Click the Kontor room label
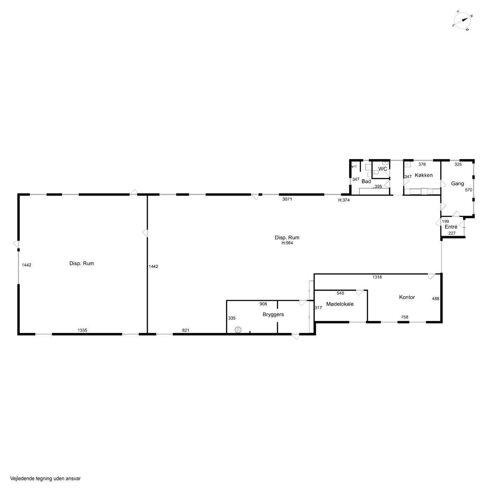point(407,297)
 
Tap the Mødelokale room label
point(340,304)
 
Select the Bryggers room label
point(273,314)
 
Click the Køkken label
point(424,175)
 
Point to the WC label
point(382,169)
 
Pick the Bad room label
point(366,181)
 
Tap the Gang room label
point(457,183)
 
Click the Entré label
point(451,227)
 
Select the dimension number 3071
point(287,199)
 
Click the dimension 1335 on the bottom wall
point(82,330)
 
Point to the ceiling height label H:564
point(287,243)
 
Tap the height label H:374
point(344,200)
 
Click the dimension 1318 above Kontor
point(377,277)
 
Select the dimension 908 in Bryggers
point(263,304)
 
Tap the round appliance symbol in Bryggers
point(238,330)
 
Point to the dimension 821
point(186,330)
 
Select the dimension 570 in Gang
point(468,190)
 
